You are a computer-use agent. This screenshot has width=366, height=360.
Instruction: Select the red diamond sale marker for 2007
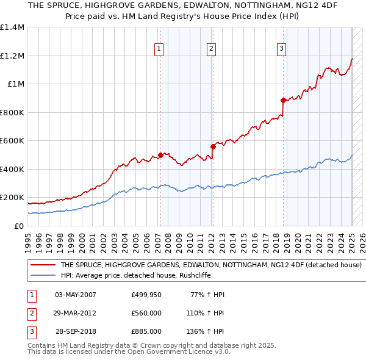(161, 155)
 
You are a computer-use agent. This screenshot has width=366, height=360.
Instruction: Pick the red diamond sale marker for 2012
(213, 146)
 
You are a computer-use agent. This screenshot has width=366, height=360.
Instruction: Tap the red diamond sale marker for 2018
(284, 100)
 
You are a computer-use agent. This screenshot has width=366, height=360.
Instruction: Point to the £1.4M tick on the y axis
(12, 27)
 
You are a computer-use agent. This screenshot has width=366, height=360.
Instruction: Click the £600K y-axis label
(12, 141)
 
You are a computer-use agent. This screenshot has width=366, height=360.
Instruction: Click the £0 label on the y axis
(18, 226)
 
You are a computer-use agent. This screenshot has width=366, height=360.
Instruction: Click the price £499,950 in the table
(146, 295)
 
